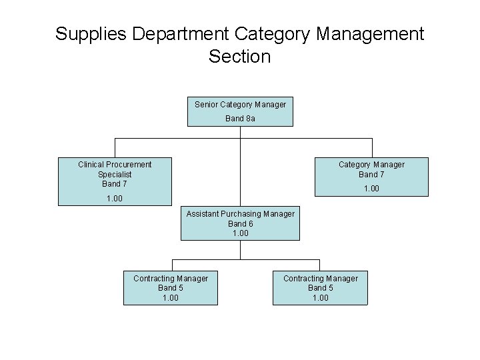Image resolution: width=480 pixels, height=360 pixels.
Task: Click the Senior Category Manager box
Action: click(240, 111)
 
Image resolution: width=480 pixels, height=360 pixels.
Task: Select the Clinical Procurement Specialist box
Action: click(115, 181)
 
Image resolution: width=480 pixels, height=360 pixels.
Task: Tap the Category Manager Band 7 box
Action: click(371, 177)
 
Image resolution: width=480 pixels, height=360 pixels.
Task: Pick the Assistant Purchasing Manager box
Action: click(240, 223)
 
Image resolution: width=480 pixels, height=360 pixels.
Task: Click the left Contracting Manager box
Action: click(171, 288)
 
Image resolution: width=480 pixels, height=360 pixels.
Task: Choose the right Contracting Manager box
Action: click(320, 288)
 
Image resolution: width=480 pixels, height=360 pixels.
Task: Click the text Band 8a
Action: click(240, 119)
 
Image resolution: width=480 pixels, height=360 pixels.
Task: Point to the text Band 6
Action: click(240, 224)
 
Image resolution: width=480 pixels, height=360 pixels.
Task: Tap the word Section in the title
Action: click(239, 57)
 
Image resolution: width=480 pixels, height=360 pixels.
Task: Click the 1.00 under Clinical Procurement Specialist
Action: click(115, 199)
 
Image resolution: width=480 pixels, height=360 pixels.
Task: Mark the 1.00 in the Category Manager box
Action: click(371, 189)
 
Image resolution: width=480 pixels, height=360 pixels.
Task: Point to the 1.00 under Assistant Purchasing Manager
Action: click(240, 233)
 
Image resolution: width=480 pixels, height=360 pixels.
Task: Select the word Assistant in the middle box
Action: click(204, 214)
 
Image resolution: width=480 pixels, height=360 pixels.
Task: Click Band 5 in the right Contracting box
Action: click(320, 288)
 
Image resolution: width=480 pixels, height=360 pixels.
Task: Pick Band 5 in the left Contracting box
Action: click(171, 288)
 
